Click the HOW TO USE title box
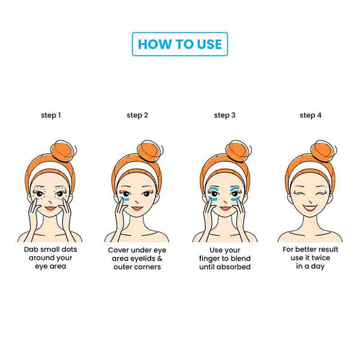[180, 44]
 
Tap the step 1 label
[51, 115]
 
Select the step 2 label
[137, 115]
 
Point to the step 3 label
[225, 115]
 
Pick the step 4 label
[310, 115]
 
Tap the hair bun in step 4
[324, 151]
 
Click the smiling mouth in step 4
[310, 208]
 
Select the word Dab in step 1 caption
[31, 250]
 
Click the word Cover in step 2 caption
[116, 250]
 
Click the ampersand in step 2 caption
[160, 259]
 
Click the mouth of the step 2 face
[137, 208]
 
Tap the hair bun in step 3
[239, 151]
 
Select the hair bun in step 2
[151, 151]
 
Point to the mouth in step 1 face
[50, 208]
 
